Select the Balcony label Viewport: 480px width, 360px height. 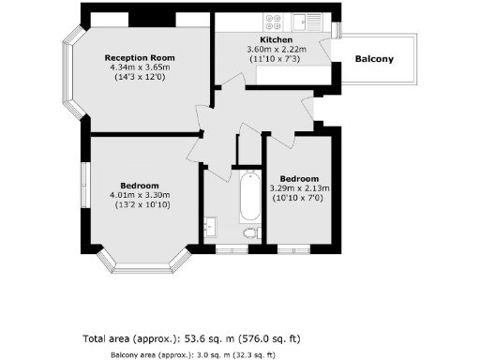[374, 60]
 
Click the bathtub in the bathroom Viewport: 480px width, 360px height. [250, 194]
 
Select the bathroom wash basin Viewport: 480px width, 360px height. [210, 226]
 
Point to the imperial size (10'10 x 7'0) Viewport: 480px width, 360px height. [299, 198]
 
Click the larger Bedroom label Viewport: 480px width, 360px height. [140, 185]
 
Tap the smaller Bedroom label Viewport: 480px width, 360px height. [299, 178]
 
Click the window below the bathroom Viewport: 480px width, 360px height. [231, 249]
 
